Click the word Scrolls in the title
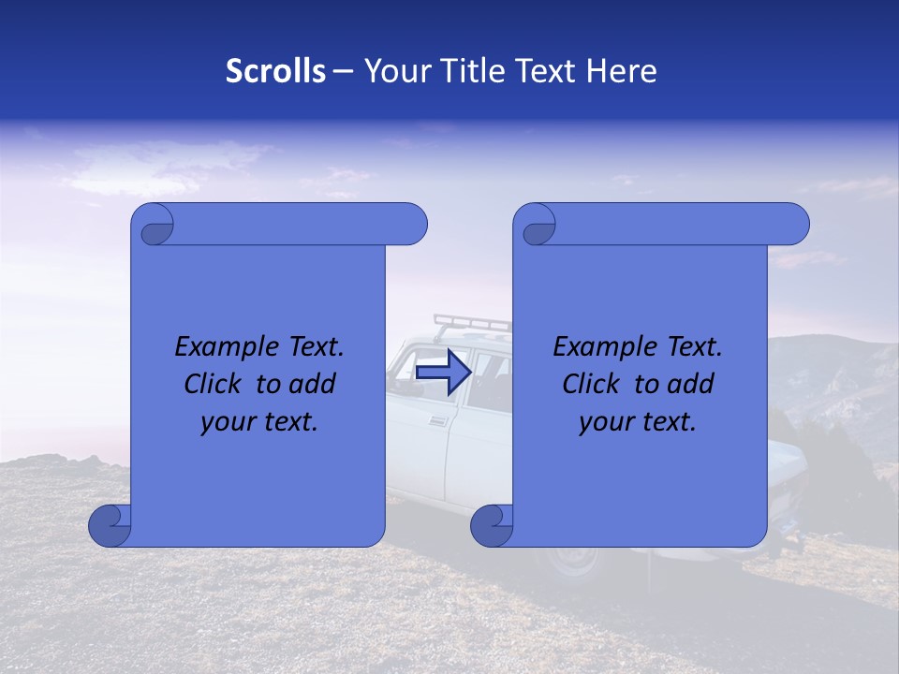coord(275,71)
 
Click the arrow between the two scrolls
coord(442,373)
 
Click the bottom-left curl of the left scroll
coord(110,525)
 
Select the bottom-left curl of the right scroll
coord(492,525)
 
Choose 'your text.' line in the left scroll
coord(259,422)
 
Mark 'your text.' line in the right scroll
coord(638,422)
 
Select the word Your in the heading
coord(391,71)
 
